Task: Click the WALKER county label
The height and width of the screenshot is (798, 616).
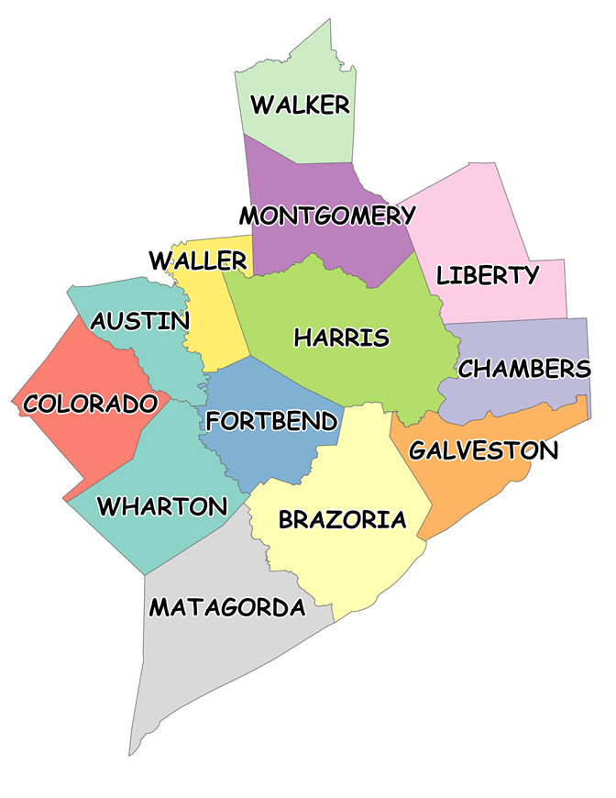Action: click(301, 105)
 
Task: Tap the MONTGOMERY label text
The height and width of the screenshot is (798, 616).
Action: click(327, 216)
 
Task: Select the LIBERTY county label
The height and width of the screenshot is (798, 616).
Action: click(487, 274)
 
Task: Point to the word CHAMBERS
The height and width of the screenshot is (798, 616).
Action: click(524, 369)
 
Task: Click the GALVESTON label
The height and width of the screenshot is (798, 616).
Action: click(483, 450)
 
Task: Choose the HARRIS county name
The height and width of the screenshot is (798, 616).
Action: click(341, 338)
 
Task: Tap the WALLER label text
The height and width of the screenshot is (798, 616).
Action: click(198, 260)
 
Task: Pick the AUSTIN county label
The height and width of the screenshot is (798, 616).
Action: click(140, 321)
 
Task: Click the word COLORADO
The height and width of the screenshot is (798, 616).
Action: click(91, 404)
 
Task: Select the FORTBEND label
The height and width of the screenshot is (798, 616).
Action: click(271, 421)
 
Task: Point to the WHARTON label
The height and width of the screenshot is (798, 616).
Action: click(161, 505)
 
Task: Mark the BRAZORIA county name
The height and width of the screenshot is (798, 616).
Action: click(342, 520)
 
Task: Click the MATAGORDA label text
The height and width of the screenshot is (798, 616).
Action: click(226, 607)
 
